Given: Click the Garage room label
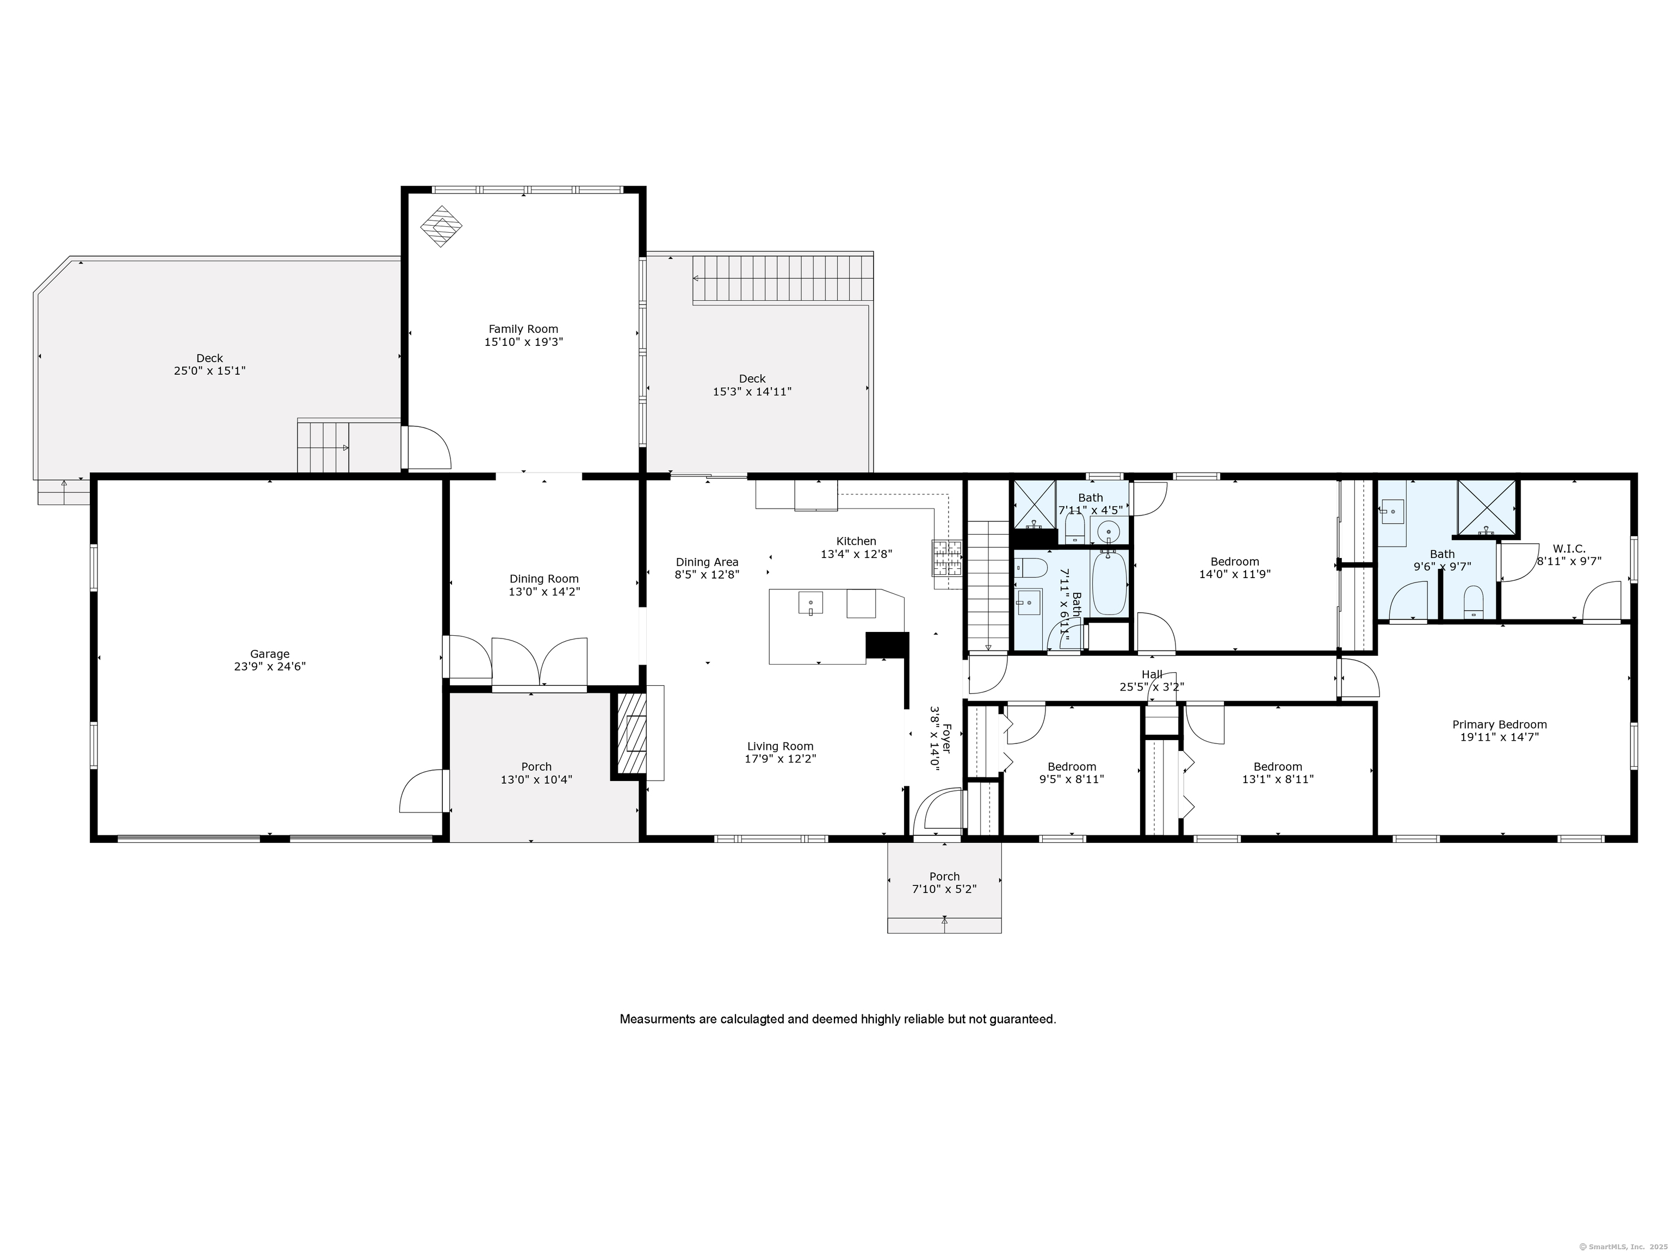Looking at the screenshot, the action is pyautogui.click(x=270, y=654).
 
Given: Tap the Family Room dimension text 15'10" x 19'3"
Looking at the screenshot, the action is pyautogui.click(x=523, y=342).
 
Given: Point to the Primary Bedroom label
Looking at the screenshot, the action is pyautogui.click(x=1500, y=725).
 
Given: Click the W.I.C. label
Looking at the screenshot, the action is pyautogui.click(x=1569, y=549).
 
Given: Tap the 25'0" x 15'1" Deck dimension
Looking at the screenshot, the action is pyautogui.click(x=209, y=371).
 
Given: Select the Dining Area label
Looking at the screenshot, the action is pyautogui.click(x=707, y=562).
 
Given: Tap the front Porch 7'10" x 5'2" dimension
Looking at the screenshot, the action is pyautogui.click(x=944, y=890).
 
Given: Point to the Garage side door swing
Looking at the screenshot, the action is pyautogui.click(x=422, y=791).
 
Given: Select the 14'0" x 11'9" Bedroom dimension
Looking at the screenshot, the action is pyautogui.click(x=1235, y=574).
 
